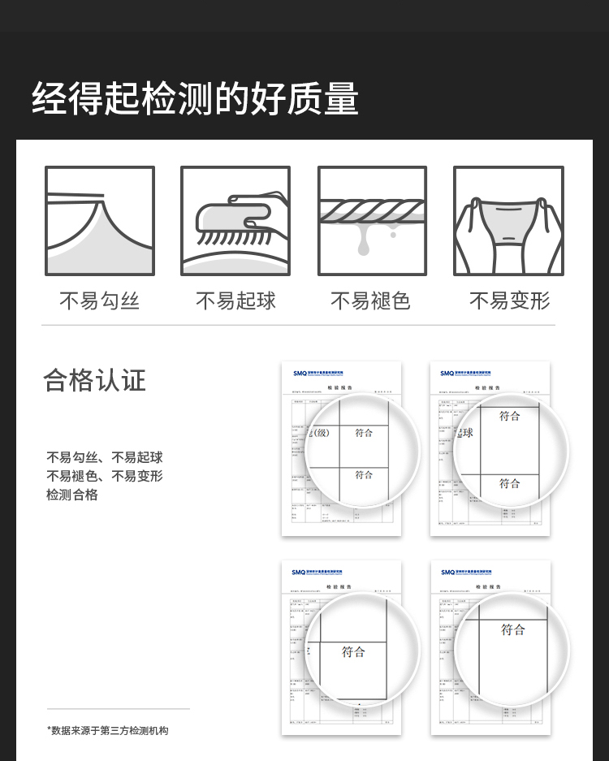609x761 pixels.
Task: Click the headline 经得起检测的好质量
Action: point(195,99)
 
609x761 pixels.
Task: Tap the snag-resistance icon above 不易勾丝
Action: point(100,221)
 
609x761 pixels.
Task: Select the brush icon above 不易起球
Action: point(235,221)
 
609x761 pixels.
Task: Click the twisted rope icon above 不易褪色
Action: point(372,210)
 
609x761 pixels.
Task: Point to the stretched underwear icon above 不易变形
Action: point(508,221)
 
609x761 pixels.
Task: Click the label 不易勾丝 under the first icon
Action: point(100,301)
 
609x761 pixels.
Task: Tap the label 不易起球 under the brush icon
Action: point(235,301)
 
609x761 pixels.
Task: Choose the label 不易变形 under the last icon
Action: point(509,301)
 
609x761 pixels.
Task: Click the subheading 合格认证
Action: point(94,380)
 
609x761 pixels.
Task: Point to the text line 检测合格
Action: point(71,495)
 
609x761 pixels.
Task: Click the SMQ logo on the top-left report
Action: point(300,374)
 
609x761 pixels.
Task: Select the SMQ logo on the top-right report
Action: point(447,374)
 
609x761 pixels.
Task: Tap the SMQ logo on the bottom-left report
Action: point(299,573)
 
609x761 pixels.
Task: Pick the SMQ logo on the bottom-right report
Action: point(448,573)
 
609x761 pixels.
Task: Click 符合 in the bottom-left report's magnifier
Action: point(354,651)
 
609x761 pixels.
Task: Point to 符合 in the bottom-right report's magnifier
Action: point(513,629)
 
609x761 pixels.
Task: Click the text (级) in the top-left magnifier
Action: point(321,433)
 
